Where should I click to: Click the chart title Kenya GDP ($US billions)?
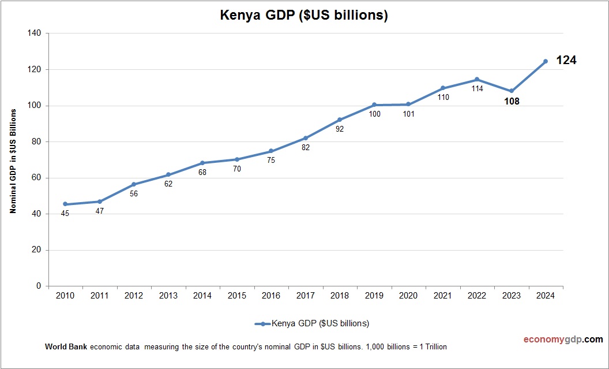tap(304, 16)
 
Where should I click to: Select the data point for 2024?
tap(546, 61)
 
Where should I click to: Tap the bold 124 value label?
tap(566, 60)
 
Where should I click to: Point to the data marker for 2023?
tap(511, 91)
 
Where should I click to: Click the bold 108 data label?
tap(511, 102)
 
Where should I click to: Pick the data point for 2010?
tap(65, 204)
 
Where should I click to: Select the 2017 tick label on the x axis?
tap(305, 296)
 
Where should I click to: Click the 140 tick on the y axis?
tap(34, 33)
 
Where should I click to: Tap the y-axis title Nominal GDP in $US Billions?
tap(13, 160)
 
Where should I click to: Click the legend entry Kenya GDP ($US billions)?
tap(312, 323)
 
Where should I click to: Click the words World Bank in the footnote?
tap(66, 347)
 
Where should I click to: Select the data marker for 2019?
tap(374, 105)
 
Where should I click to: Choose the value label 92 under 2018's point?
tap(340, 129)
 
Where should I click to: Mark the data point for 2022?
tap(477, 79)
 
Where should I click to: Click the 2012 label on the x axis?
tap(134, 296)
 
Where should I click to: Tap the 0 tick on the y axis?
tap(39, 286)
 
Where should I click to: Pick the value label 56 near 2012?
tap(134, 194)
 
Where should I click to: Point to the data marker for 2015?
tap(237, 159)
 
